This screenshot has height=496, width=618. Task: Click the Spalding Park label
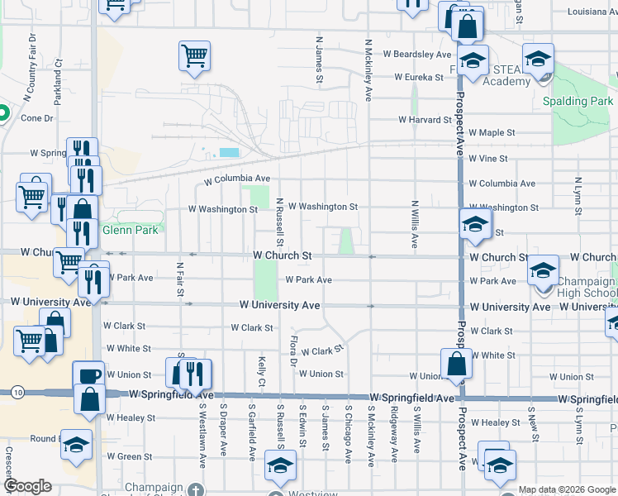pos(578,102)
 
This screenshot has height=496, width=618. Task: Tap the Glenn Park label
pos(130,230)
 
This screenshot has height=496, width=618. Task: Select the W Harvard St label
pos(425,120)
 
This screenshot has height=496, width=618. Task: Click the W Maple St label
pos(492,132)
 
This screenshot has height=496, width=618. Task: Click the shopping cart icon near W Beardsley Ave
pos(193,56)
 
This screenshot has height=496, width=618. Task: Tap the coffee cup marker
pos(88,375)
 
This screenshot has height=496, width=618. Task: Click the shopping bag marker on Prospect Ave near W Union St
pos(456,363)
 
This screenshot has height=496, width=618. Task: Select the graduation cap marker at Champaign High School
pos(543,271)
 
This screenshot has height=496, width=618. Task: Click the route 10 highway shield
pos(18,393)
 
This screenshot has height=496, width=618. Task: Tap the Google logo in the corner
pos(27,486)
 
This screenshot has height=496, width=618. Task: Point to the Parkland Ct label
pos(59,78)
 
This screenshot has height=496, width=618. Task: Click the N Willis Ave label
pos(415,224)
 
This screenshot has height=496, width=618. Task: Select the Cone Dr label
pos(36,118)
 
